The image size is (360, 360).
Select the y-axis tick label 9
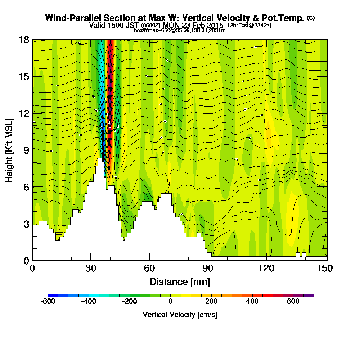coord(26,150)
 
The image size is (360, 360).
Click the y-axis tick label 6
coord(26,187)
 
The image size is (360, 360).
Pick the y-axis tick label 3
coord(26,224)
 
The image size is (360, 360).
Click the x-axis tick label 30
coord(91,269)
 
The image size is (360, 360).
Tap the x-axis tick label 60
coord(149,269)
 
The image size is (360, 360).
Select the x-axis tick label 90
coord(208,269)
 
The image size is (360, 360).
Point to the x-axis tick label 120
coord(266,269)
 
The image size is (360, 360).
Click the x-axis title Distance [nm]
coord(180,282)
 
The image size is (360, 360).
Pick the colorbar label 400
coord(252,302)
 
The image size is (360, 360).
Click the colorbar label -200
coord(130,302)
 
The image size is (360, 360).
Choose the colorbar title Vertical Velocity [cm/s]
coord(180,315)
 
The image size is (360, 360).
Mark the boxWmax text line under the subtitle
coord(180,30)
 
